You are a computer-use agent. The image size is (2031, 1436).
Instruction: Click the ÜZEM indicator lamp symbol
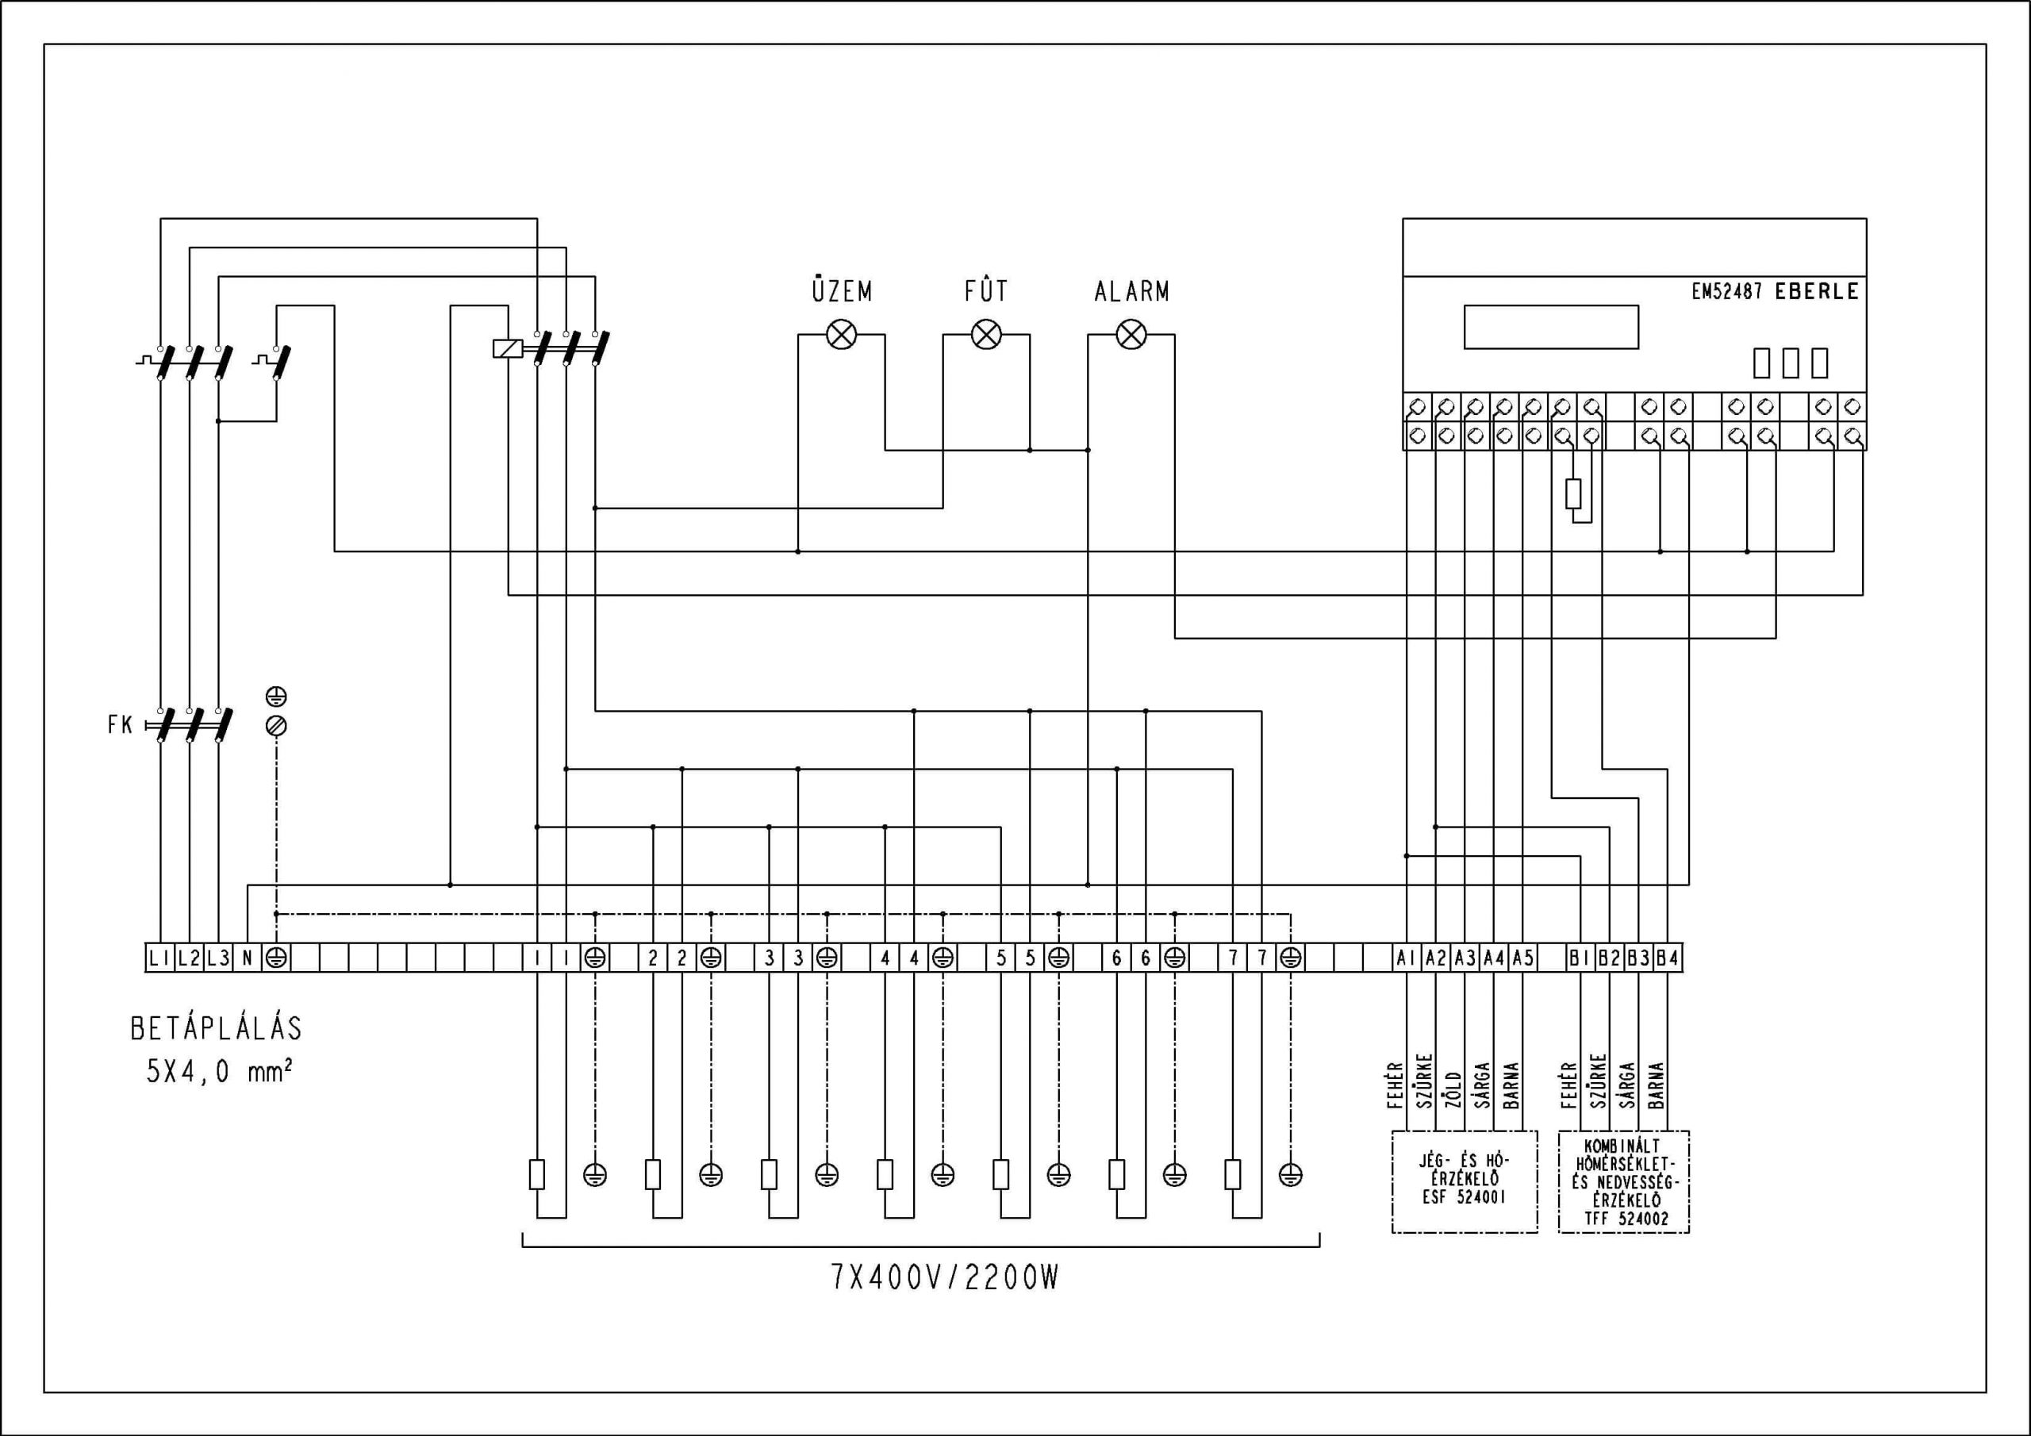tap(841, 335)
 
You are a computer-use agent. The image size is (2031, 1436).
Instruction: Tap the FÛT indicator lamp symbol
tap(986, 335)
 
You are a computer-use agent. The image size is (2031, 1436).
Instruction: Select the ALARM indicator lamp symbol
tap(1131, 335)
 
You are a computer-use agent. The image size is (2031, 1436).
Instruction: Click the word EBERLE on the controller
tap(1817, 292)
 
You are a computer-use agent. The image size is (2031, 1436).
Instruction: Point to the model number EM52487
tap(1726, 292)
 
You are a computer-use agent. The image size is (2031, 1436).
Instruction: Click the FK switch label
tap(120, 725)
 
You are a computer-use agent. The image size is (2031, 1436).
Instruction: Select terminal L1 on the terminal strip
tap(160, 958)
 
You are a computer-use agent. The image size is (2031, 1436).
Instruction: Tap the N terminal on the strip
tap(248, 958)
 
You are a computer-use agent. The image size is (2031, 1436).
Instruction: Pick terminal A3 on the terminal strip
tap(1465, 958)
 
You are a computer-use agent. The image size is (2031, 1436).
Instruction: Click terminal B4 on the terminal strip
tap(1668, 958)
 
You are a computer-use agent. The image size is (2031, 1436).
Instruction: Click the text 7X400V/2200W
tap(945, 1278)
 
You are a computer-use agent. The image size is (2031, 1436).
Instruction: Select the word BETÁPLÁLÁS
tap(217, 1028)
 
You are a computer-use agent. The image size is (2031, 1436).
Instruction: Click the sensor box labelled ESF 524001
tap(1465, 1181)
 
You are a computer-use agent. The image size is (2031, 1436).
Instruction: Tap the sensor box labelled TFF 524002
tap(1623, 1181)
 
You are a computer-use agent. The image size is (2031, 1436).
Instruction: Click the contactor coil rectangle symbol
tap(508, 348)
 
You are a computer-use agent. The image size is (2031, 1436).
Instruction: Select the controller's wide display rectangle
tap(1552, 328)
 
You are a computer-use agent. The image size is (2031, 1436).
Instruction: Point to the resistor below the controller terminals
tap(1572, 493)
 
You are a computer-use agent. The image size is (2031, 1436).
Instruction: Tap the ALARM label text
tap(1131, 291)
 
